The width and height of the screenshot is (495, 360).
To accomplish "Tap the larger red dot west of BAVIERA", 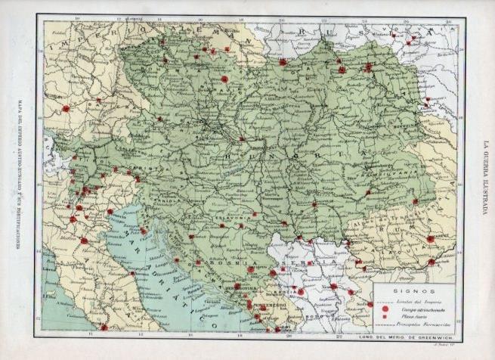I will tap(66, 108).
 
